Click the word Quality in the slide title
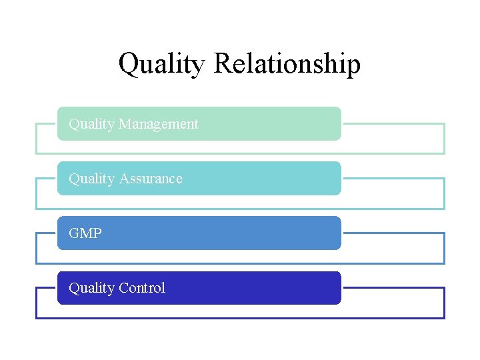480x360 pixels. point(162,65)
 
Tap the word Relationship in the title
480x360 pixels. point(287,65)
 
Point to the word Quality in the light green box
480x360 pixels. point(91,124)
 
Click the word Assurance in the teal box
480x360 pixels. point(150,179)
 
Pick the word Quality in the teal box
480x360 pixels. point(91,179)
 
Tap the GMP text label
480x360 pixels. point(85,233)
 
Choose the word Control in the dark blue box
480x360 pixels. point(141,288)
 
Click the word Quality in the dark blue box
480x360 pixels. point(91,288)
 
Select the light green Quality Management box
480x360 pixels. point(267,124)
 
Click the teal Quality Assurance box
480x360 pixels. point(267,179)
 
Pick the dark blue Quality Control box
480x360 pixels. point(267,288)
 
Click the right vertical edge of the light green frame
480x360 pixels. point(444,139)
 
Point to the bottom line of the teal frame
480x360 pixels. point(240,209)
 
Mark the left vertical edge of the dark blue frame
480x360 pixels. point(36,303)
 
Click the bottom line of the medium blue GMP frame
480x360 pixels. point(240,263)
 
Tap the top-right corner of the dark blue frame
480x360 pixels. point(444,288)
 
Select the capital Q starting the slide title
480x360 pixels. point(128,64)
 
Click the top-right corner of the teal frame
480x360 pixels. point(444,179)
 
